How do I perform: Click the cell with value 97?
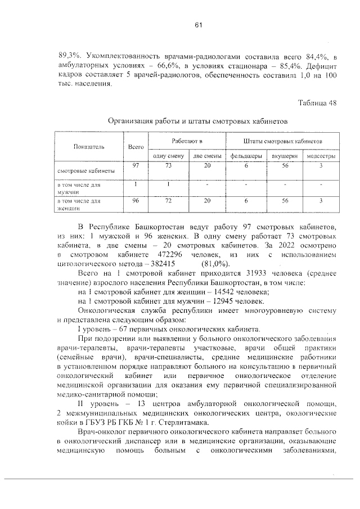click(x=136, y=165)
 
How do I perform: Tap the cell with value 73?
click(x=168, y=165)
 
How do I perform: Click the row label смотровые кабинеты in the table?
click(x=85, y=170)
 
